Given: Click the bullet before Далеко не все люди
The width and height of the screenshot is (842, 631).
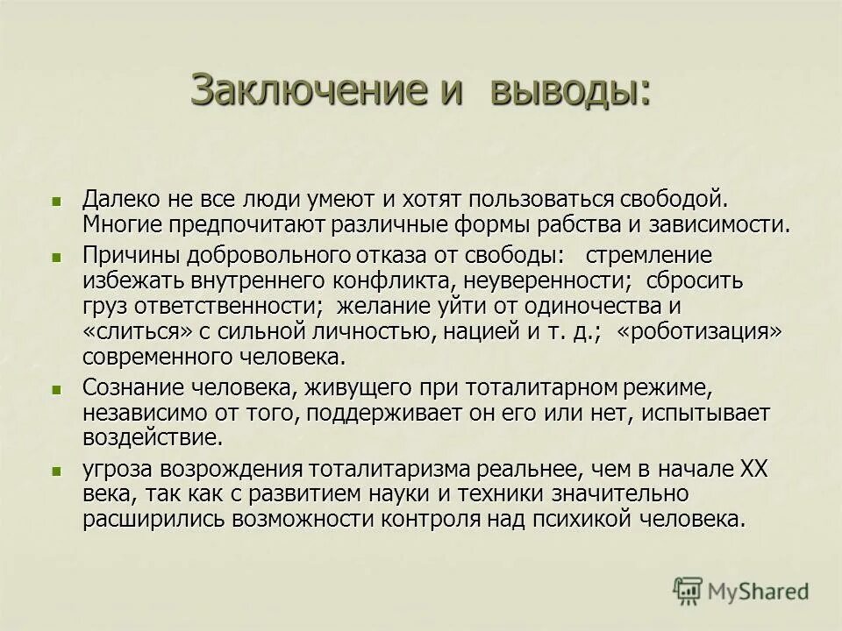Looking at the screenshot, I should (59, 201).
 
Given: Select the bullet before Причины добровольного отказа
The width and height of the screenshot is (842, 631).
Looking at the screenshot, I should (59, 258).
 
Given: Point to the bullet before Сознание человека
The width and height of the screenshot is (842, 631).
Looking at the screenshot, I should (59, 388).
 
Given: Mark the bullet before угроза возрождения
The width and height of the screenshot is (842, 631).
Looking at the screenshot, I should (59, 471).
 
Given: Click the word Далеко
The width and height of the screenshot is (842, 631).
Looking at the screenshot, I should (119, 199).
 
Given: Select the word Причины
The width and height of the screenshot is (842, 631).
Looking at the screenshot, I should (123, 256).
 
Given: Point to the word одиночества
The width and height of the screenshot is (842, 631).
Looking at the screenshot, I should (584, 307).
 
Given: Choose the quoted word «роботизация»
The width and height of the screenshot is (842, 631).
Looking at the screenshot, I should (699, 332).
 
